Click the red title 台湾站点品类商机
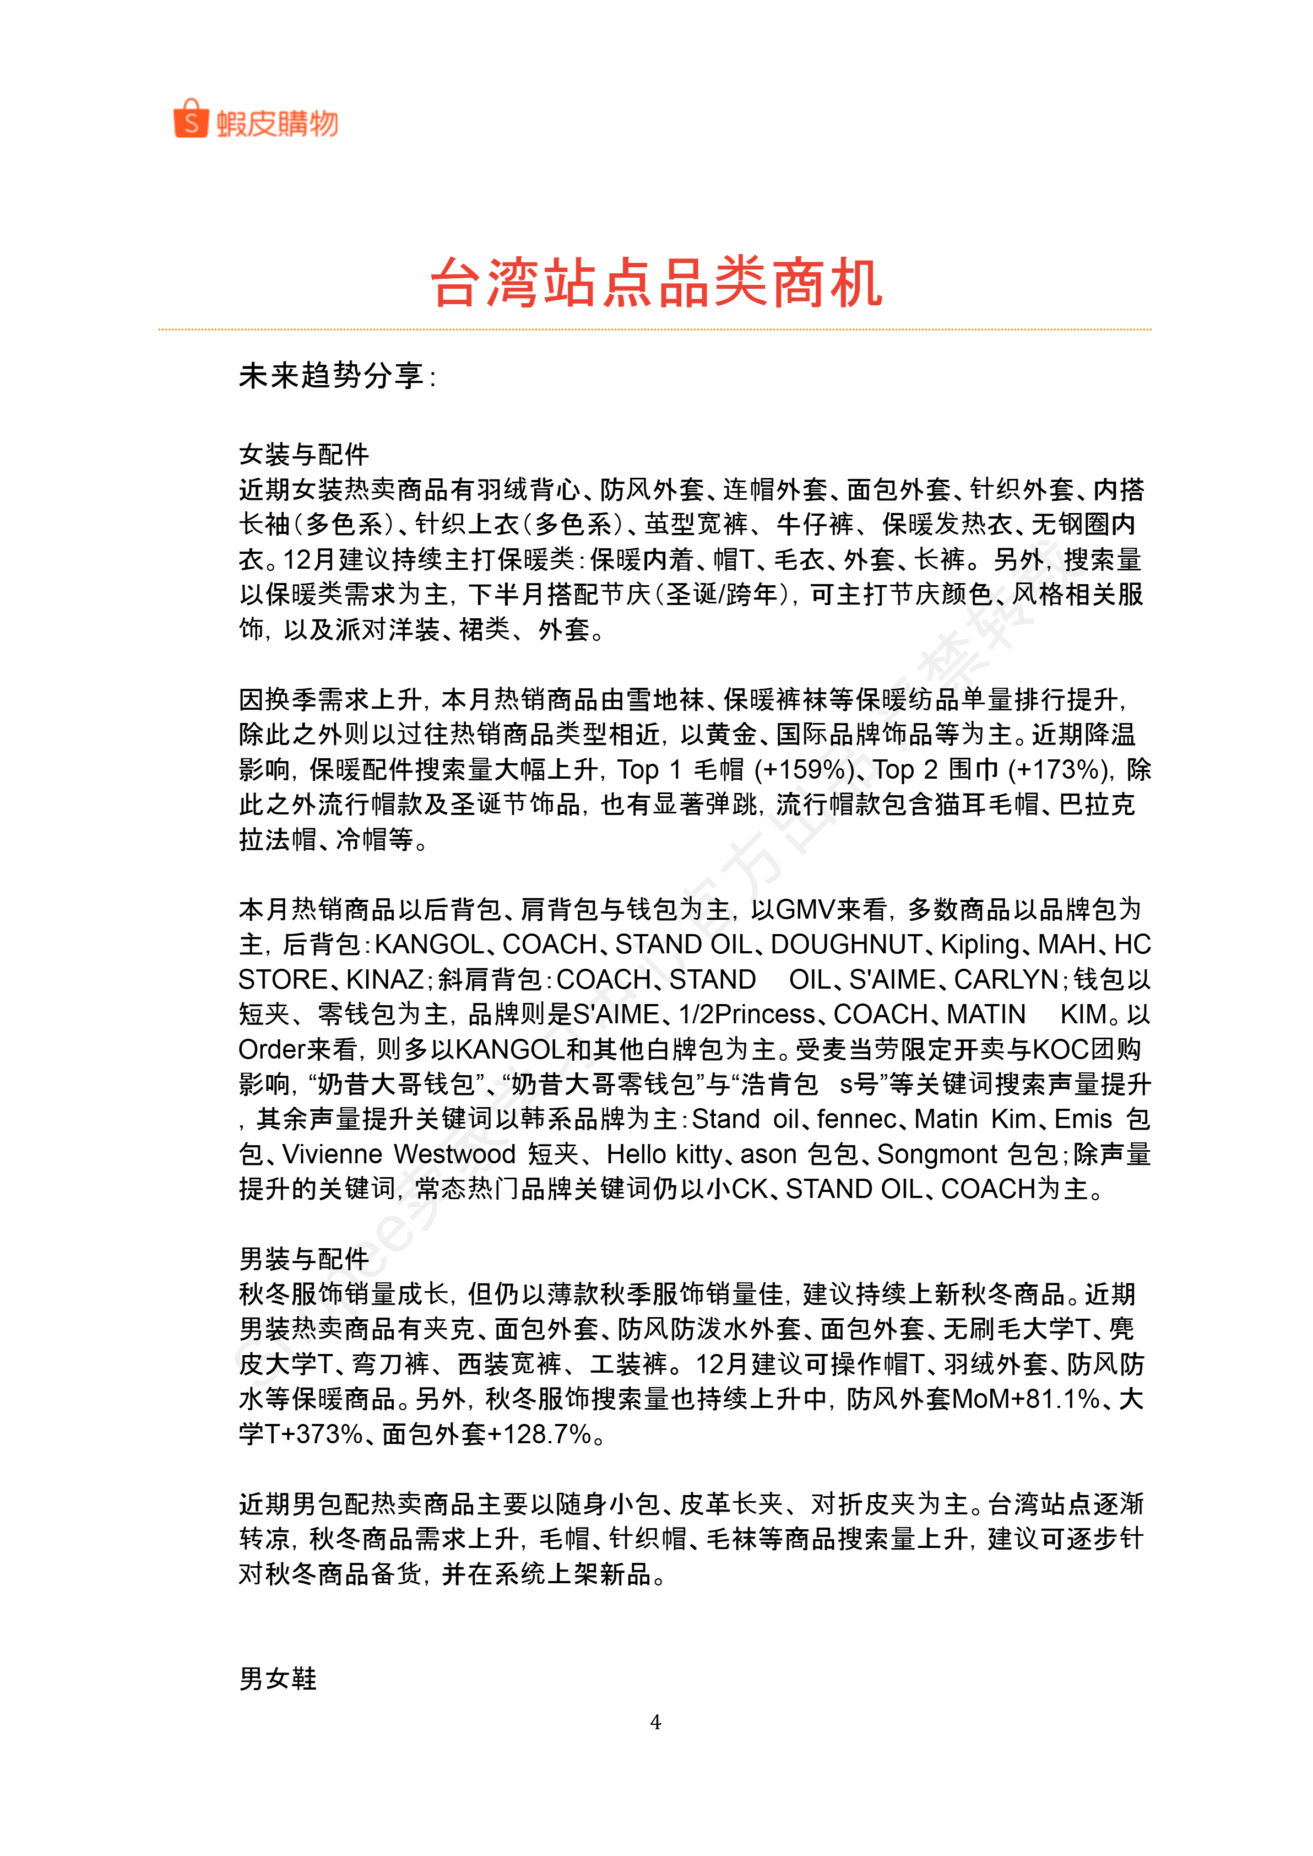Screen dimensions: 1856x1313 tap(656, 283)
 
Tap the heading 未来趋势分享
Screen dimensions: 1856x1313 tap(335, 375)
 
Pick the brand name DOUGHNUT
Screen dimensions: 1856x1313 tap(846, 944)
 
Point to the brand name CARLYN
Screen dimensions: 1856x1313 tap(1005, 979)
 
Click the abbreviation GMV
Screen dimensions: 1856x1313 tap(805, 909)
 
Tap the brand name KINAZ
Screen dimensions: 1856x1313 tap(384, 979)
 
